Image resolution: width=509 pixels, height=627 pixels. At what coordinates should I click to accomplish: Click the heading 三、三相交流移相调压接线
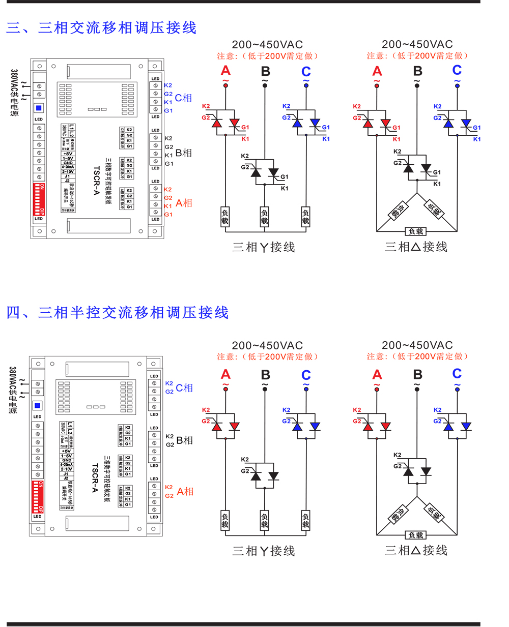click(101, 28)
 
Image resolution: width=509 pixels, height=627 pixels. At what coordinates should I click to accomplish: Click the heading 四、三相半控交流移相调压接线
click(118, 313)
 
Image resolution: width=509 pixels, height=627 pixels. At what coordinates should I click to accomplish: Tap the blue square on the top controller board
click(39, 108)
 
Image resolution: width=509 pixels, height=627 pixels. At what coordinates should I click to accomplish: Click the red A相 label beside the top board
click(184, 203)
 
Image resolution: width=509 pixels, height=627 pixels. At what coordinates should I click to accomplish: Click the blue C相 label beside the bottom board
click(184, 388)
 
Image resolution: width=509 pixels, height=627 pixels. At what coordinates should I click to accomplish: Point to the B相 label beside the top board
click(184, 153)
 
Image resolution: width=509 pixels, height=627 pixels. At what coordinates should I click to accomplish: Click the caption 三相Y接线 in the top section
click(264, 248)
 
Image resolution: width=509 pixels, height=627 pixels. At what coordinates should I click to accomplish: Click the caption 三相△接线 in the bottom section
click(416, 551)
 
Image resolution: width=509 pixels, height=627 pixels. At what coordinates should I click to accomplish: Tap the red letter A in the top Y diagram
click(225, 71)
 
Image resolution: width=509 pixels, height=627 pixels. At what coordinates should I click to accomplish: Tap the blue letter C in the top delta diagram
click(457, 70)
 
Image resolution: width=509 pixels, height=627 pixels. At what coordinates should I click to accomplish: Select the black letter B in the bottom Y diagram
click(265, 375)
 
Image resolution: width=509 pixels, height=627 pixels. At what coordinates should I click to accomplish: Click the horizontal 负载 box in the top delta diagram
click(416, 231)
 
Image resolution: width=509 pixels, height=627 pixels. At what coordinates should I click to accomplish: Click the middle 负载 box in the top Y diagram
click(265, 217)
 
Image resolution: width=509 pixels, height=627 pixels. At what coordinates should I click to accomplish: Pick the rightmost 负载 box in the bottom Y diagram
click(305, 520)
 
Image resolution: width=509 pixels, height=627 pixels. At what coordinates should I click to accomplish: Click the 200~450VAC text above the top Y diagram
click(267, 45)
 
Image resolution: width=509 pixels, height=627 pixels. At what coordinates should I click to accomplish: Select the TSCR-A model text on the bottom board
click(95, 478)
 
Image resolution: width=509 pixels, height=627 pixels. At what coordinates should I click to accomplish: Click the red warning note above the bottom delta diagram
click(417, 356)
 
